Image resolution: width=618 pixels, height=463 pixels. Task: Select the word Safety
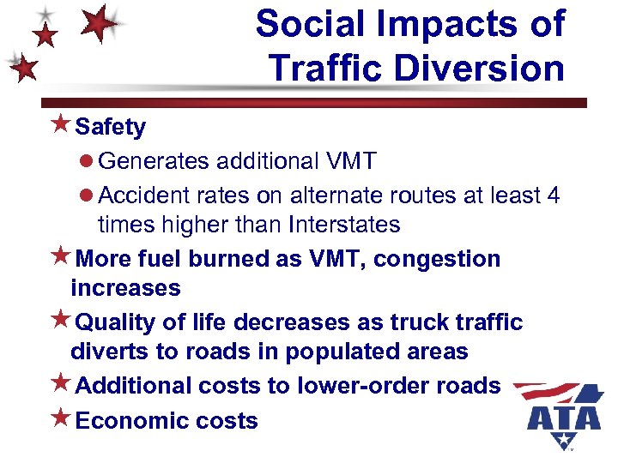click(x=111, y=128)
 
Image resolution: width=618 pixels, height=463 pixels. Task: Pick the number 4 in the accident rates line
click(x=552, y=195)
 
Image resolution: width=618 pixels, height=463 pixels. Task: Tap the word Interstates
click(x=345, y=225)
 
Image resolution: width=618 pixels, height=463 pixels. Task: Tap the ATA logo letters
click(x=564, y=418)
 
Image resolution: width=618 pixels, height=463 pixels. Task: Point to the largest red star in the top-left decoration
click(x=99, y=22)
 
